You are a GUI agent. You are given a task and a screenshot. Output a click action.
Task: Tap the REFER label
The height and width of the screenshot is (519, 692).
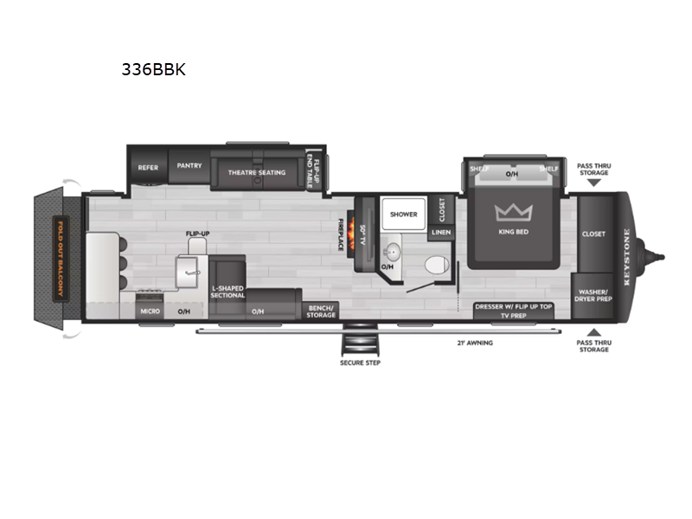148,167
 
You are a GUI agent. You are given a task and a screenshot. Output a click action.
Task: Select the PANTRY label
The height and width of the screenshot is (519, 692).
189,165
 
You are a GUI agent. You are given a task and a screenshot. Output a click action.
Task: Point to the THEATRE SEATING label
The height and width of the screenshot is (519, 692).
256,173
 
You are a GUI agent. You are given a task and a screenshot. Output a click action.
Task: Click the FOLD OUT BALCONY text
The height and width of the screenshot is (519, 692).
60,257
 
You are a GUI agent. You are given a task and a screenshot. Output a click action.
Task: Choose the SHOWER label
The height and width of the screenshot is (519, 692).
403,214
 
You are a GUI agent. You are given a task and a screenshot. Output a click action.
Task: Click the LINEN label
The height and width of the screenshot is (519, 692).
440,233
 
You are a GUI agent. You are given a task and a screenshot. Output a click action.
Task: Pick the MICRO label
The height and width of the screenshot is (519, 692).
148,311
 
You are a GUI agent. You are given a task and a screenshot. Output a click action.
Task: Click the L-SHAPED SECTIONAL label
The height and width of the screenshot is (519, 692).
227,292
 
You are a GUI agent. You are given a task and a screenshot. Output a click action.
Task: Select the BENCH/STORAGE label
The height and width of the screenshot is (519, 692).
321,311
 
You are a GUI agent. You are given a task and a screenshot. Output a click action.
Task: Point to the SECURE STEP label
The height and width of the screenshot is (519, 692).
360,362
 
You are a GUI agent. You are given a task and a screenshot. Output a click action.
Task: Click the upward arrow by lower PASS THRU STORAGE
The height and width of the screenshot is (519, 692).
593,332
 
